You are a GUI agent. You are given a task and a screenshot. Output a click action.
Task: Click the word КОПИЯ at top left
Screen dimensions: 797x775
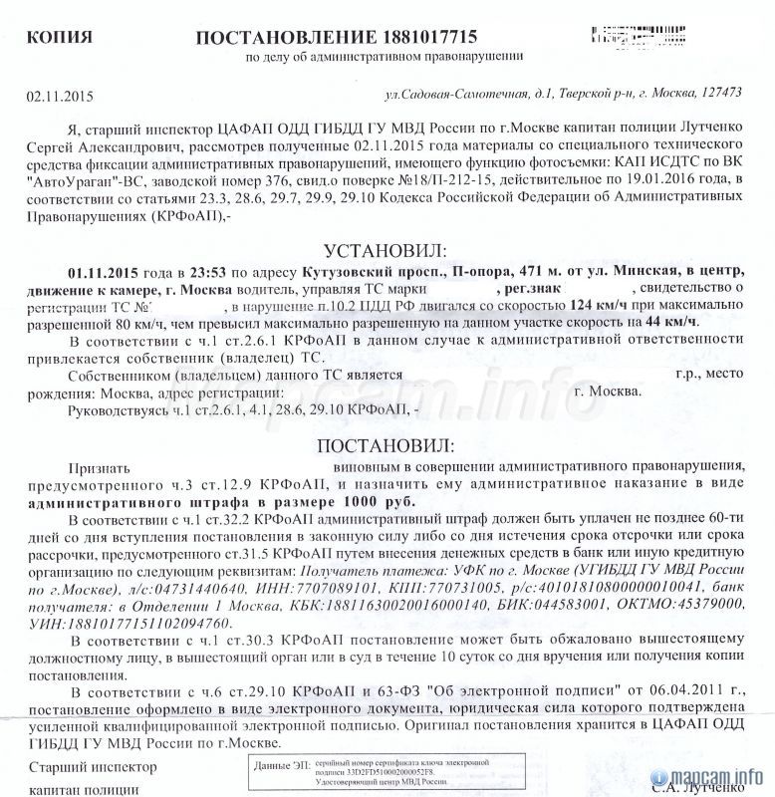coord(61,38)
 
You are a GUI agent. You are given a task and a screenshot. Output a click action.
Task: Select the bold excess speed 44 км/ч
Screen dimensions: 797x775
coord(675,322)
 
